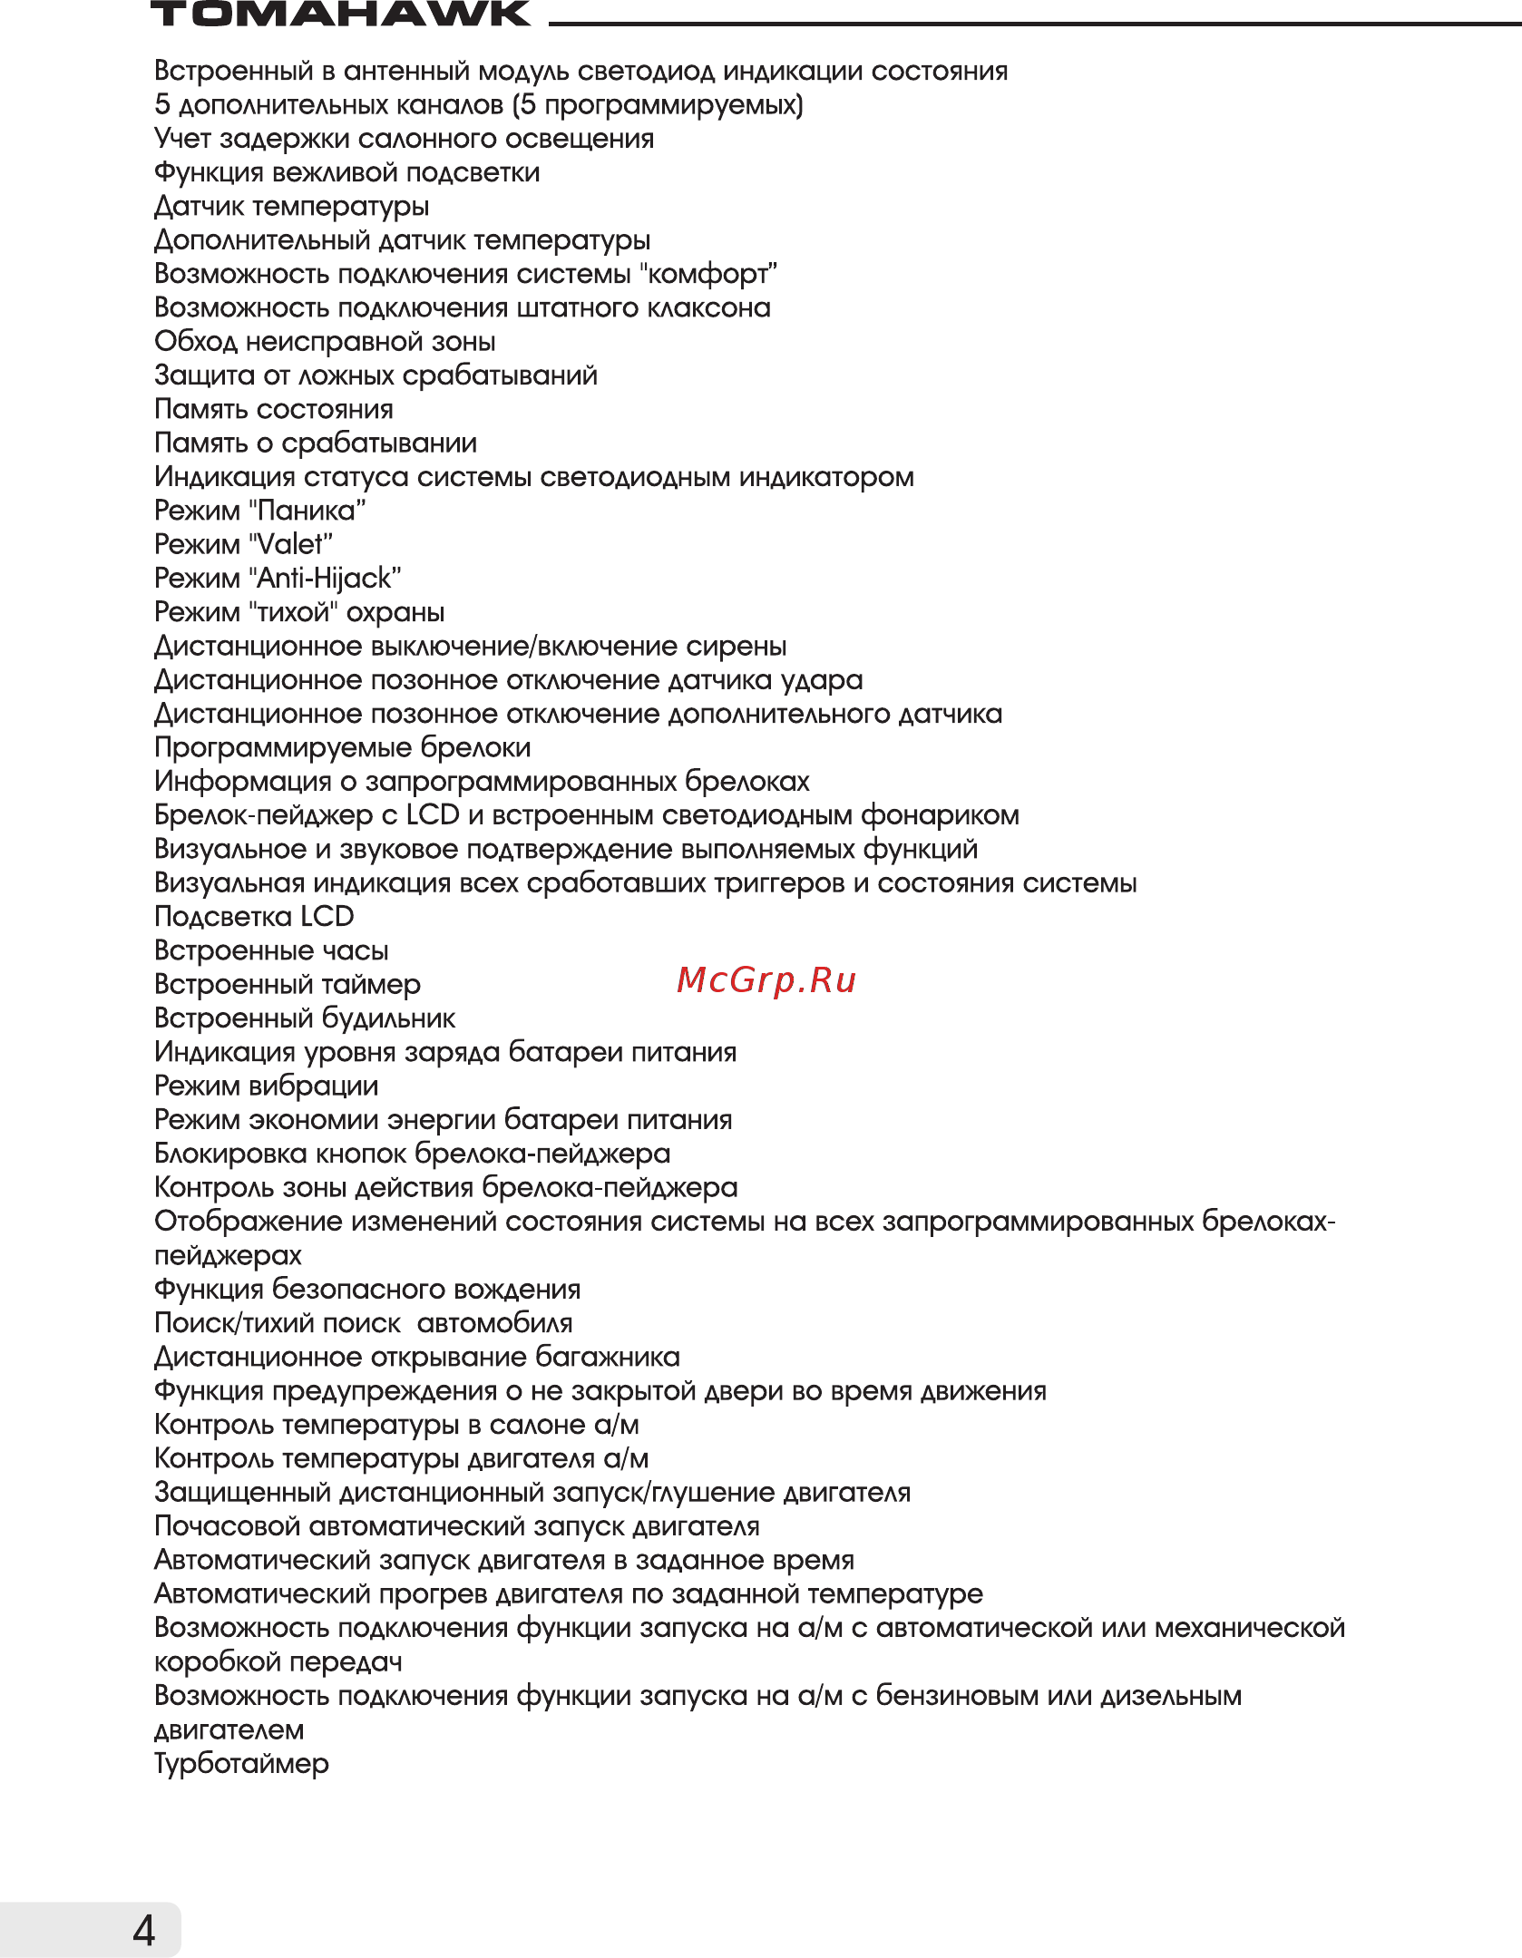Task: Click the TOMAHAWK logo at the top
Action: (x=340, y=15)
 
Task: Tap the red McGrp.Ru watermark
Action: (x=766, y=980)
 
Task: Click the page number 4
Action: (x=144, y=1930)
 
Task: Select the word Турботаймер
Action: (x=241, y=1764)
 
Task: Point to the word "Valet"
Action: (x=290, y=545)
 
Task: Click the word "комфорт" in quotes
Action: (x=708, y=274)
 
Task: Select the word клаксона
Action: (x=708, y=308)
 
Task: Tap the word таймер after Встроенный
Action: (x=372, y=985)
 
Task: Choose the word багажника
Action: (x=607, y=1358)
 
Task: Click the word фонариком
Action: (x=940, y=816)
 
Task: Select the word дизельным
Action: (x=1171, y=1696)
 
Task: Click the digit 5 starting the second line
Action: (x=162, y=105)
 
